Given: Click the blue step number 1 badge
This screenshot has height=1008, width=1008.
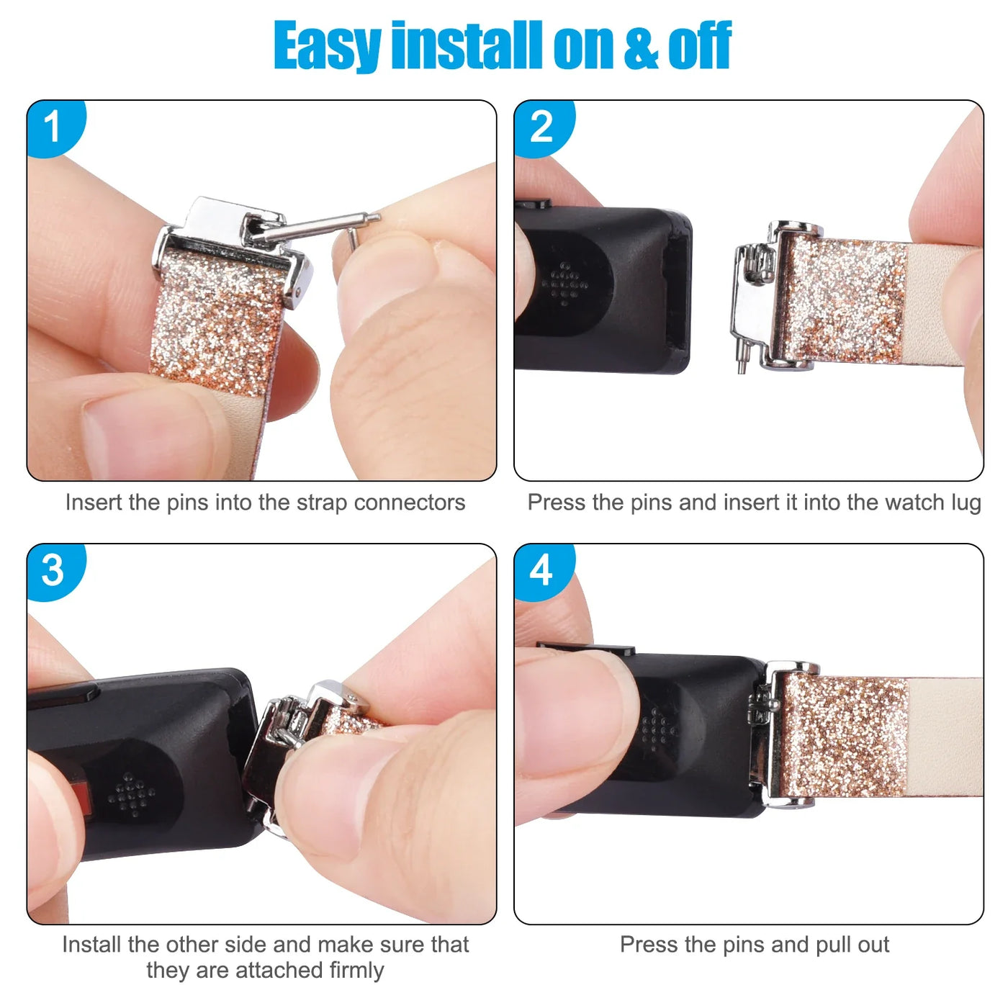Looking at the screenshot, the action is click(x=54, y=127).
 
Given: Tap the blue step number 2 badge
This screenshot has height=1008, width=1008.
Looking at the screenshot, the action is click(x=542, y=127).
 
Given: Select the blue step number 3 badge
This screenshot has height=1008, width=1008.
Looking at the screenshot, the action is click(x=54, y=571).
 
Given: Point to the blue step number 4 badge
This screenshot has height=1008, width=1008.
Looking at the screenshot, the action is click(x=542, y=571).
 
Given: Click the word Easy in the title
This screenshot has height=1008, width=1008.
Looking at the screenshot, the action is click(x=327, y=47).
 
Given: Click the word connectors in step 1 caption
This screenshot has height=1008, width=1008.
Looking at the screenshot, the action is click(x=410, y=503).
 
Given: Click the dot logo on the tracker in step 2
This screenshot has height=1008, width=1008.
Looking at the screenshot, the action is click(x=564, y=284).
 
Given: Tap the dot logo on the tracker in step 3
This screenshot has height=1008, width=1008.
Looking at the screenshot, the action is click(x=131, y=795).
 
